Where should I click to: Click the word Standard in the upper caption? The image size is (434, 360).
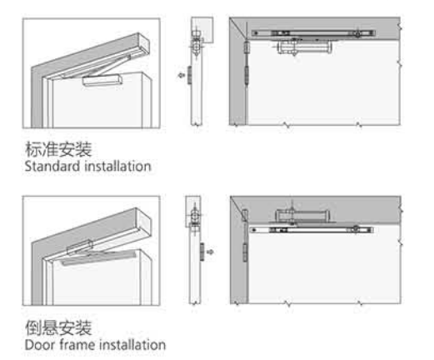(52, 166)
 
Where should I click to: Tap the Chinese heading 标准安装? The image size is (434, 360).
(58, 149)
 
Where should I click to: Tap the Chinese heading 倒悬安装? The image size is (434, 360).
(58, 327)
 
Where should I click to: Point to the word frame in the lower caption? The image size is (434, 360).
(78, 345)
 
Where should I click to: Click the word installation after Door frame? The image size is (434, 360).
(132, 345)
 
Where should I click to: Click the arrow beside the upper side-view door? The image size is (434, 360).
(182, 75)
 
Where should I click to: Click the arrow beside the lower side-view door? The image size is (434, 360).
(210, 252)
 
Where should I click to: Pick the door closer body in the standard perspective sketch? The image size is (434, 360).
(102, 80)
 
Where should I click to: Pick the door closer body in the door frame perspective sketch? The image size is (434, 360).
(79, 247)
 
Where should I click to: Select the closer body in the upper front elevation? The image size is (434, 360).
(305, 47)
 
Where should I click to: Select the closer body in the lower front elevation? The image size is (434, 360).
(302, 216)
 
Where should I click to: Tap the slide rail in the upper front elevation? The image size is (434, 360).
(313, 33)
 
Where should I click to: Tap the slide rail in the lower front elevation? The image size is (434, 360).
(312, 230)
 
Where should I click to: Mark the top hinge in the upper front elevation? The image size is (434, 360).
(246, 47)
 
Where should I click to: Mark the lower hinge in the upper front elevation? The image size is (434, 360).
(247, 76)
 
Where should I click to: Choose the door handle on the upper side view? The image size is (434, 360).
(189, 75)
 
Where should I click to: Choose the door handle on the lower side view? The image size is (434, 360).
(202, 252)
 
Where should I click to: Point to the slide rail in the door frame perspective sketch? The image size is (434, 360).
(98, 258)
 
